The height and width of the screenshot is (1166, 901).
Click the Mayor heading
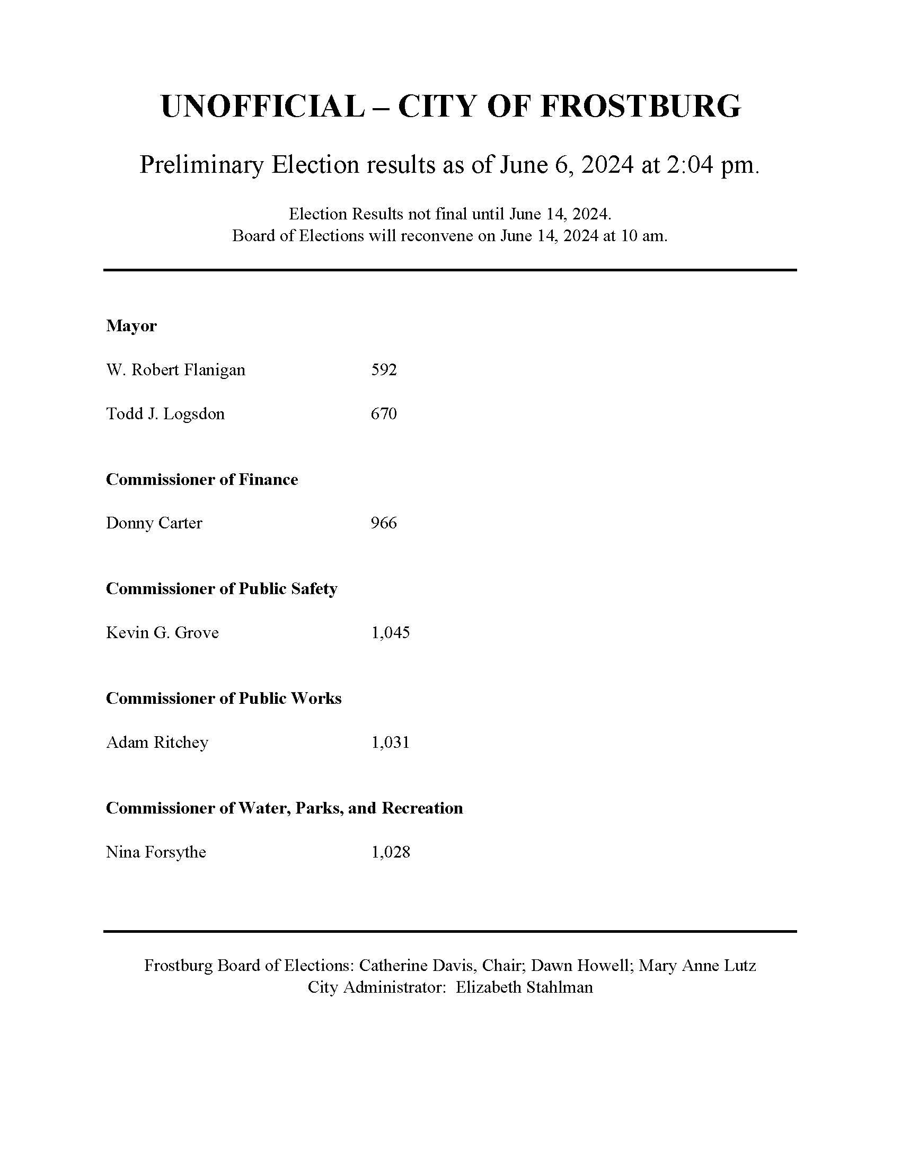pyautogui.click(x=131, y=325)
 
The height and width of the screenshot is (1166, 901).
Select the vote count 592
pyautogui.click(x=384, y=370)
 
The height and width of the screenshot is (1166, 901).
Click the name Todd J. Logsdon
pyautogui.click(x=165, y=414)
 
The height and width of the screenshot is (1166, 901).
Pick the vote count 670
pyautogui.click(x=384, y=414)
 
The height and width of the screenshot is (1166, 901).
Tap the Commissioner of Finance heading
pyautogui.click(x=202, y=480)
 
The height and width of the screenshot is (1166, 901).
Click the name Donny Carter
pyautogui.click(x=154, y=523)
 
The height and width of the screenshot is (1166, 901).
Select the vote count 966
pyautogui.click(x=384, y=523)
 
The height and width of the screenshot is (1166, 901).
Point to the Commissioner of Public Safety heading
pyautogui.click(x=222, y=589)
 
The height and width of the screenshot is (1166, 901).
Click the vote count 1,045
pyautogui.click(x=391, y=633)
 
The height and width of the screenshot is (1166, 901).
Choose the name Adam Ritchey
pyautogui.click(x=157, y=743)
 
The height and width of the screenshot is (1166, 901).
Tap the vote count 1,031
pyautogui.click(x=391, y=743)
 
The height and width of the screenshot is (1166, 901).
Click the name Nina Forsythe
pyautogui.click(x=156, y=852)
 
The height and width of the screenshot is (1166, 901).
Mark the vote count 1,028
pyautogui.click(x=391, y=852)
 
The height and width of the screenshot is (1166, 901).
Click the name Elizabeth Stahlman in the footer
pyautogui.click(x=524, y=987)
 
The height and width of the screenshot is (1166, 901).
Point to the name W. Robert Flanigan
pyautogui.click(x=175, y=370)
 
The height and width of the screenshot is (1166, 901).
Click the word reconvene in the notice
pyautogui.click(x=431, y=236)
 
